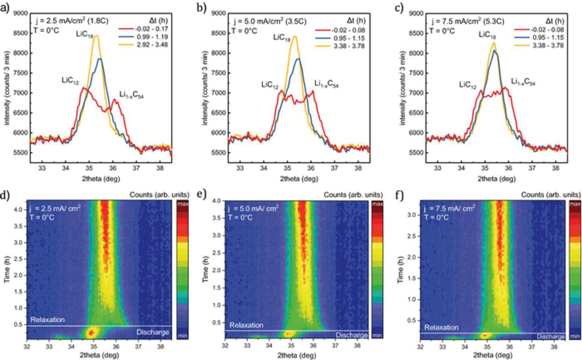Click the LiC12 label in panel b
coord(270,85)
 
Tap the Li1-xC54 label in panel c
coord(523,82)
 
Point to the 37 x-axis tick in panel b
coord(334,168)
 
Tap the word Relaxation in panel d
coord(48,320)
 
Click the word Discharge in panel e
coord(351,335)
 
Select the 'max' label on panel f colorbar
coord(575,204)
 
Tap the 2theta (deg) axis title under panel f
coord(492,354)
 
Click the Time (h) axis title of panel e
coord(206,270)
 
